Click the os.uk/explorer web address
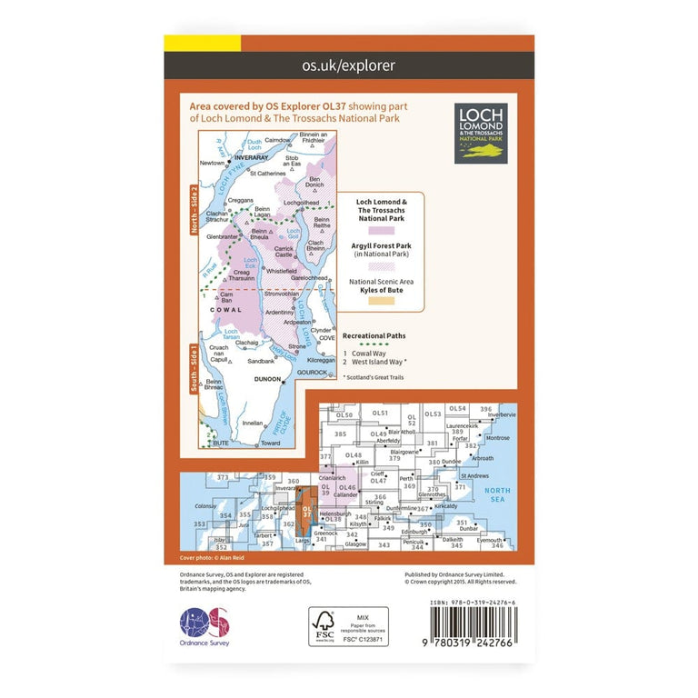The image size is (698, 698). tap(348, 65)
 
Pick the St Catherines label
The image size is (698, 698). tap(267, 173)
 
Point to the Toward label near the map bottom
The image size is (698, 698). tap(270, 444)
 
